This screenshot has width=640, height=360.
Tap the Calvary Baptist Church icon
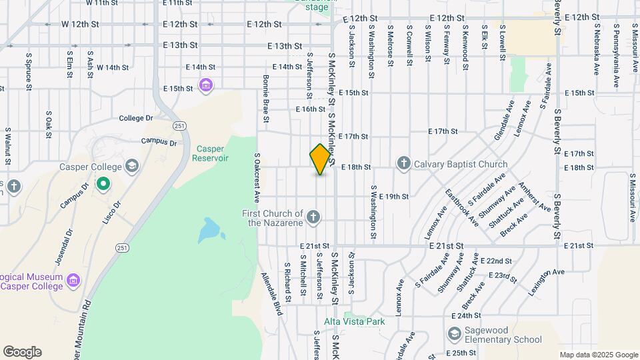[403, 163]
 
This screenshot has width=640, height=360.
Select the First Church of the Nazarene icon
[313, 217]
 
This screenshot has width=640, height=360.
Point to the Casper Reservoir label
[210, 153]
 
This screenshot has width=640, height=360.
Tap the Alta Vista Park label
[354, 321]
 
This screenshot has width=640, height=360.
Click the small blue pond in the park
[211, 231]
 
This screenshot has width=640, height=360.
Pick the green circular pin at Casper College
[103, 183]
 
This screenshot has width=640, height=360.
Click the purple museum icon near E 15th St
[205, 85]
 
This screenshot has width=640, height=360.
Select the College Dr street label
[136, 118]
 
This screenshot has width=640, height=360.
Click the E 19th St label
[393, 197]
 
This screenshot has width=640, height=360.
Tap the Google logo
[22, 352]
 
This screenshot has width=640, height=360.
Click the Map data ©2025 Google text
[598, 355]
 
